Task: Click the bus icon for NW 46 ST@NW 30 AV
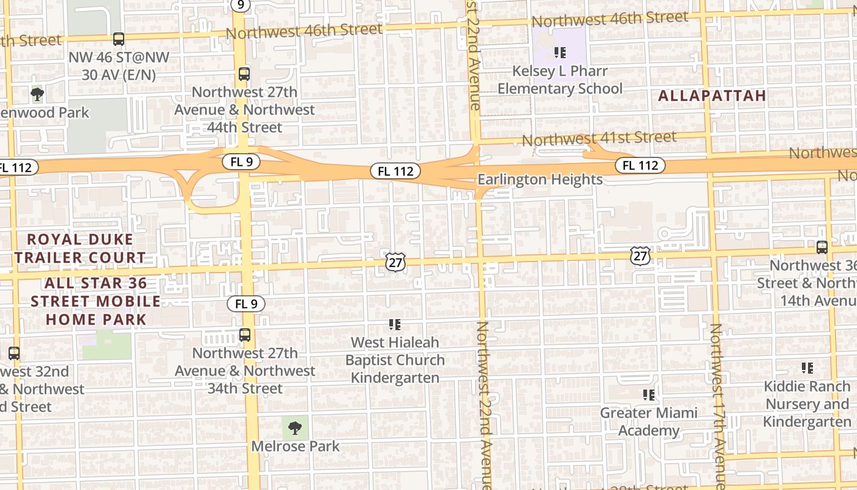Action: (x=119, y=39)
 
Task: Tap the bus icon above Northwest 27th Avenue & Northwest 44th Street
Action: (x=244, y=74)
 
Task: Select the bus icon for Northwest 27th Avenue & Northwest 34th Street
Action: (x=244, y=335)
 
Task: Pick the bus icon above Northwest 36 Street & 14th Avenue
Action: (x=822, y=247)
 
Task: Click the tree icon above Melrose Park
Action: (x=295, y=427)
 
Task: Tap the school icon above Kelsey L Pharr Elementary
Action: (x=559, y=53)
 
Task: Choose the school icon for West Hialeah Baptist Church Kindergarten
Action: (x=395, y=324)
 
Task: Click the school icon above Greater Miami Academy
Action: (x=649, y=395)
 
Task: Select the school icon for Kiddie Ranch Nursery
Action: (x=807, y=368)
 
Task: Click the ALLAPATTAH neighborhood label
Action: (x=712, y=96)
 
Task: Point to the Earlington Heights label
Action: (x=540, y=179)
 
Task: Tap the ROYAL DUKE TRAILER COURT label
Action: (x=80, y=248)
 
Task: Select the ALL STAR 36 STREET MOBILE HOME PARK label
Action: (x=96, y=301)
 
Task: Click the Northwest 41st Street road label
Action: (x=599, y=138)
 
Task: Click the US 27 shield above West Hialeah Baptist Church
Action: (x=395, y=262)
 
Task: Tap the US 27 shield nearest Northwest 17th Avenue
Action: (x=640, y=255)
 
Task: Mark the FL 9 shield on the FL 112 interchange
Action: (x=242, y=162)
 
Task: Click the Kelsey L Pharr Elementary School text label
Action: (x=559, y=80)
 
